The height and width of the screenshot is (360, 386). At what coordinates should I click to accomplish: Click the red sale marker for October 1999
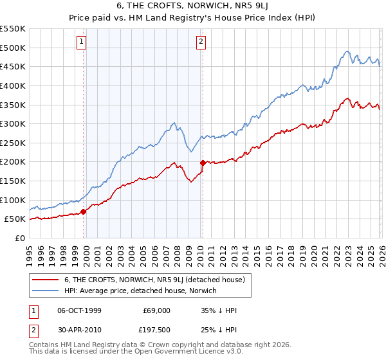[x=84, y=212]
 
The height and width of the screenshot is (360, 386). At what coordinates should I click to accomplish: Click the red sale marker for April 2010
[x=203, y=163]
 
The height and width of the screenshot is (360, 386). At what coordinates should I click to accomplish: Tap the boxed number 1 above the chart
[x=82, y=42]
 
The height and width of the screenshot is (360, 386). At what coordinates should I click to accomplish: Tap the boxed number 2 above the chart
[x=201, y=42]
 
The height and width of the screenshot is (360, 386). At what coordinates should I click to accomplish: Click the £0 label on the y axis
[x=21, y=238]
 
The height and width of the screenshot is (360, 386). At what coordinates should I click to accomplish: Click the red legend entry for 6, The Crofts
[x=154, y=280]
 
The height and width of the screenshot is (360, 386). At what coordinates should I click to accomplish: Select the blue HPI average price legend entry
[x=140, y=291]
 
